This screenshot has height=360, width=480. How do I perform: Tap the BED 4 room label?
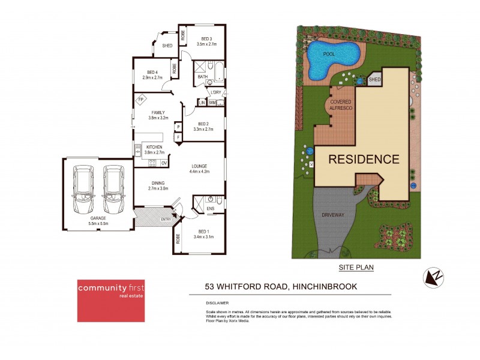(x=152, y=75)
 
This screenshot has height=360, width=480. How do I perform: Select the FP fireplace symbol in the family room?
(x=141, y=100)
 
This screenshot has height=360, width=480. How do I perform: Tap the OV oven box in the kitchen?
(x=164, y=163)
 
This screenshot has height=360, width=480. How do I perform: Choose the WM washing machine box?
(x=212, y=103)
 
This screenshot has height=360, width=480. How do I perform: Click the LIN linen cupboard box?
(x=202, y=103)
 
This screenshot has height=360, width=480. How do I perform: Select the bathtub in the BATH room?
(x=219, y=71)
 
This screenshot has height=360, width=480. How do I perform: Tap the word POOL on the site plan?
(x=329, y=54)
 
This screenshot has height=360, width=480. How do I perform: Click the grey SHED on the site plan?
(x=374, y=79)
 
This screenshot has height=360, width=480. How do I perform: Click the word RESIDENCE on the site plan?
(x=364, y=159)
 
